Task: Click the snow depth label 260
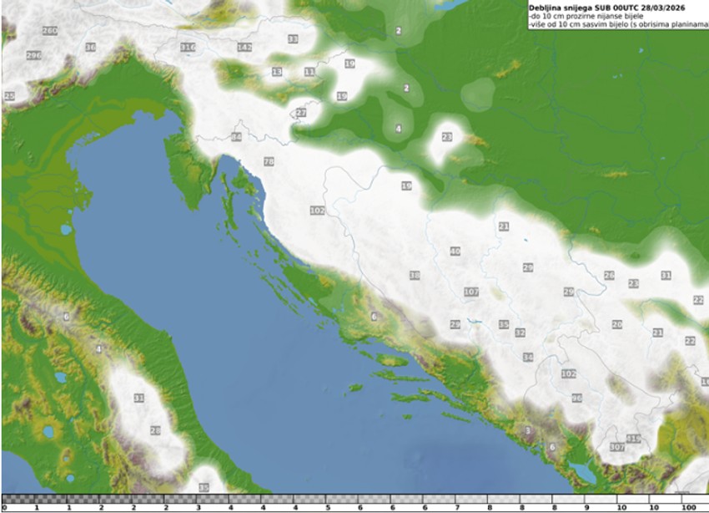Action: [x=49, y=31]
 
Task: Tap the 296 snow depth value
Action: [x=33, y=55]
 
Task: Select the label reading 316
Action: [x=188, y=47]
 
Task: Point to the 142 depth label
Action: [x=244, y=47]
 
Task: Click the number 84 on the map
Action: [x=237, y=136]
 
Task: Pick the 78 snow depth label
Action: [x=269, y=161]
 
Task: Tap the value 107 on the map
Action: [x=471, y=292]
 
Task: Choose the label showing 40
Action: [x=455, y=251]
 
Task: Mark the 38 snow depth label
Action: [x=415, y=275]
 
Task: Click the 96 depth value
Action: [x=576, y=398]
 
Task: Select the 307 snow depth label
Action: [x=617, y=448]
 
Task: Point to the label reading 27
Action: [x=301, y=113]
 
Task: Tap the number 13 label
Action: [x=277, y=72]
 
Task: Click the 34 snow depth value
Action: [x=528, y=357]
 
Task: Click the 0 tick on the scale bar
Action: [x=5, y=507]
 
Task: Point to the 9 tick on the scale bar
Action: [x=586, y=507]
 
